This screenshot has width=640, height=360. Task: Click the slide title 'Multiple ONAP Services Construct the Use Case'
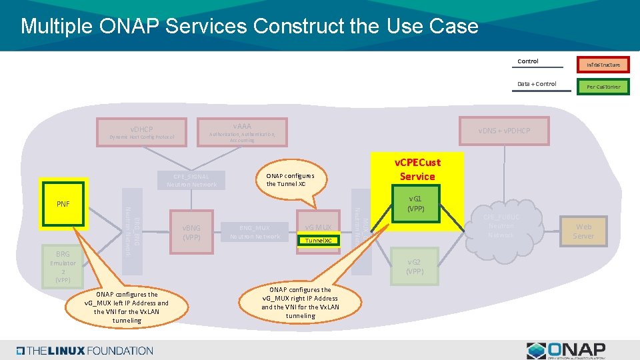click(x=249, y=26)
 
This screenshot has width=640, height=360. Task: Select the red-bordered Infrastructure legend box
click(x=603, y=65)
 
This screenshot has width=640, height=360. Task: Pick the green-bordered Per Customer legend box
click(x=603, y=87)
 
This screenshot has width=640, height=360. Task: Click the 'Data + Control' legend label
click(x=536, y=84)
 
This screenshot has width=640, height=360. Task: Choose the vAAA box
click(x=242, y=132)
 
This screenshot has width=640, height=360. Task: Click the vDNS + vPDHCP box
click(x=503, y=131)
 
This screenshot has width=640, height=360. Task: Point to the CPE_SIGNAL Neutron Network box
click(x=192, y=180)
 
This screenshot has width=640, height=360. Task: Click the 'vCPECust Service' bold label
click(x=417, y=169)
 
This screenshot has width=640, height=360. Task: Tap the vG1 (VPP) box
click(x=415, y=203)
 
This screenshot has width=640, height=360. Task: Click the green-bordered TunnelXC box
click(x=318, y=240)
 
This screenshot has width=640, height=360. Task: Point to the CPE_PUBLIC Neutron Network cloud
click(x=501, y=226)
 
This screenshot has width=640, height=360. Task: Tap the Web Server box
click(x=583, y=231)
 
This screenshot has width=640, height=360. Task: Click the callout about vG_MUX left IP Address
click(x=127, y=307)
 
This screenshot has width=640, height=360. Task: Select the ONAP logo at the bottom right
click(x=566, y=349)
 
